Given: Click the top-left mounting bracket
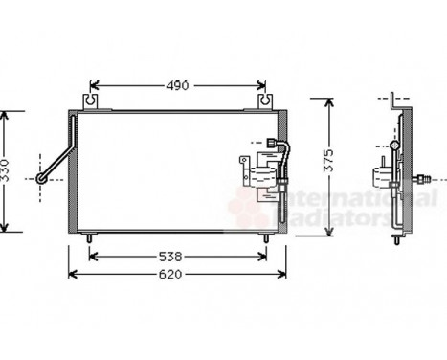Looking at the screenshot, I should (x=92, y=99).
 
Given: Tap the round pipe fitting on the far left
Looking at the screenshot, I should (x=42, y=177).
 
